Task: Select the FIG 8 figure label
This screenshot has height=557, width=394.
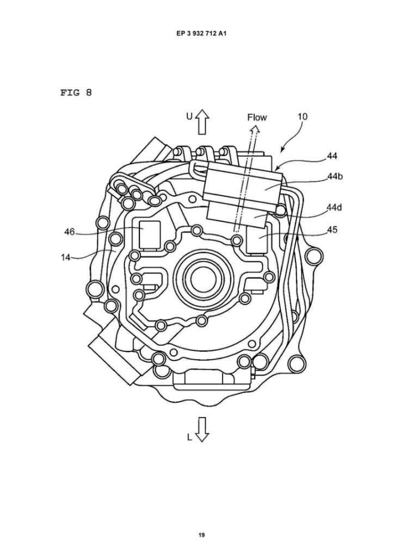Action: tap(76, 92)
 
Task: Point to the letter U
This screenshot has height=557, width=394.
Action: tap(189, 116)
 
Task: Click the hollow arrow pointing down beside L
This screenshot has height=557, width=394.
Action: tap(202, 429)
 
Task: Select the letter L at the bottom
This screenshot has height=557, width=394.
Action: tap(189, 436)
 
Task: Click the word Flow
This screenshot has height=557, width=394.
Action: tap(257, 117)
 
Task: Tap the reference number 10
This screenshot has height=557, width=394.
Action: tap(303, 116)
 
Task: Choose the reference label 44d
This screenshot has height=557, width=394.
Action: tap(335, 208)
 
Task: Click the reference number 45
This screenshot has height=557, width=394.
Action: tap(332, 230)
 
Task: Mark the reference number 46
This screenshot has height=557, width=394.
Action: tap(69, 232)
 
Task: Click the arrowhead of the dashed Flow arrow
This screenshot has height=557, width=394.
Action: tap(254, 129)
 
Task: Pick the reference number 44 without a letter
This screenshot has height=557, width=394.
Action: tap(332, 156)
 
